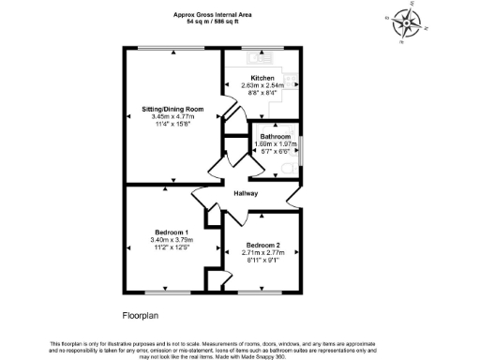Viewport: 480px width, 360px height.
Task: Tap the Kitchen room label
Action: click(x=262, y=78)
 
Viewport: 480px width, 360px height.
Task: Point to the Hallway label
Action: click(x=247, y=193)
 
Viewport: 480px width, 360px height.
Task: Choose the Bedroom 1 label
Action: click(x=172, y=232)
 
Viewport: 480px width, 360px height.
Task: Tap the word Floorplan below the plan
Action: click(x=144, y=316)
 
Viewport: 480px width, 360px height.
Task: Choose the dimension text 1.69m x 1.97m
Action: click(x=275, y=144)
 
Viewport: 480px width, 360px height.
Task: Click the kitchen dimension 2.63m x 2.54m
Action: click(x=262, y=85)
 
